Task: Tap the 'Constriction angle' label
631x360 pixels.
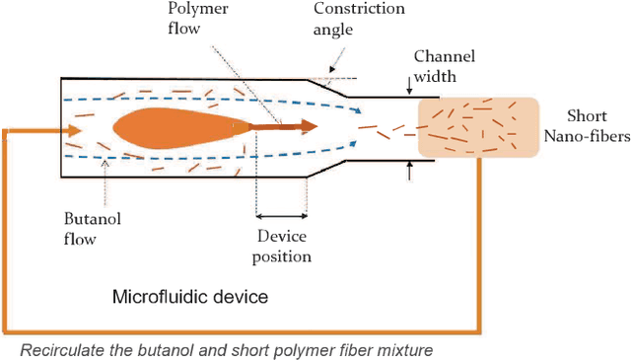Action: point(359,18)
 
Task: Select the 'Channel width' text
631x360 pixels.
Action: point(445,66)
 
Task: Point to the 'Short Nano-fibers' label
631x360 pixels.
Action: point(595,126)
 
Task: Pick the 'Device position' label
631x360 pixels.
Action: point(284,247)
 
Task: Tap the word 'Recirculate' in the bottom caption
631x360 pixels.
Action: point(63,349)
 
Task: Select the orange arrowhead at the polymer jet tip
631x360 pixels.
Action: point(309,125)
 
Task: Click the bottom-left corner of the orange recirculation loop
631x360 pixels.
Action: point(6,330)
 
